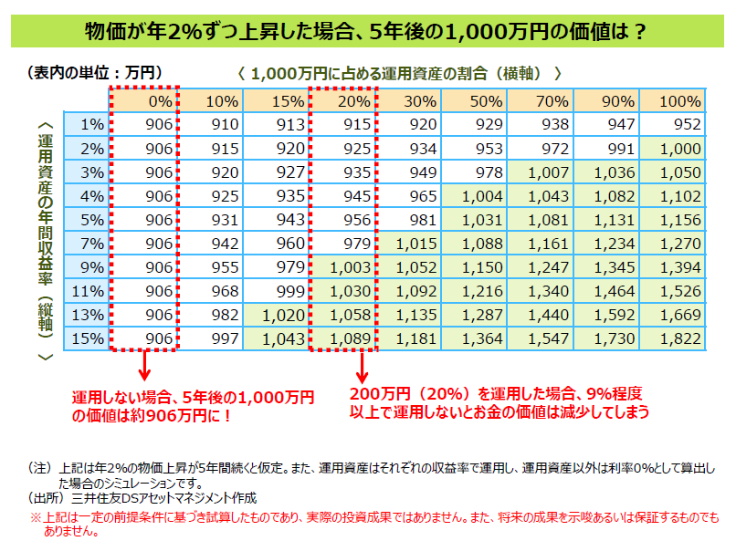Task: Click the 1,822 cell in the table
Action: (x=673, y=338)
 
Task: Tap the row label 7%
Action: (x=92, y=244)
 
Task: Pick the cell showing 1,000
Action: (x=673, y=149)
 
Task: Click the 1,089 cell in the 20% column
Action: (x=343, y=338)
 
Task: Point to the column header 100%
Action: (x=673, y=101)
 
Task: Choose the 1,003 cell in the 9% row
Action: (x=343, y=267)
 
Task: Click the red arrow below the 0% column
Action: (x=143, y=369)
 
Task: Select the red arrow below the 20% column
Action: (x=362, y=369)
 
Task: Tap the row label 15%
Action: (x=92, y=338)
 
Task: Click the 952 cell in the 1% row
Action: (x=673, y=125)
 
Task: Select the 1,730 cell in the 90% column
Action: (x=608, y=338)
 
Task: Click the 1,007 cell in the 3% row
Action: (x=541, y=172)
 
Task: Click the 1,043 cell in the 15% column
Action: (x=278, y=338)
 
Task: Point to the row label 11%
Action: (x=92, y=291)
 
